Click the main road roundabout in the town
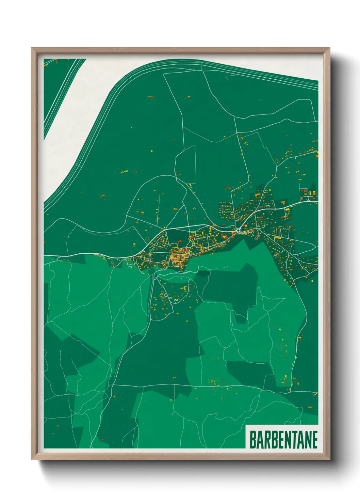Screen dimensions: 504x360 pos(239,230)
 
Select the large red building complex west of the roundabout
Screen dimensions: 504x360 pos(225,235)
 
